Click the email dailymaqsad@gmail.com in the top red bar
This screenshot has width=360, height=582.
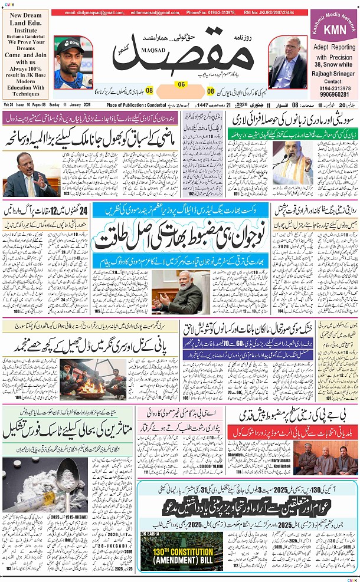[x=91, y=12]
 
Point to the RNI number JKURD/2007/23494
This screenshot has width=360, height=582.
[x=276, y=12]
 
